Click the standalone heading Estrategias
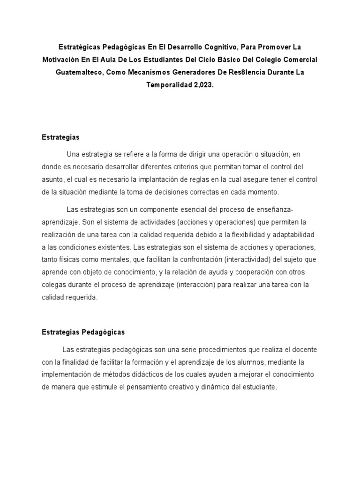[x=60, y=137]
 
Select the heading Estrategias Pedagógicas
[x=83, y=332]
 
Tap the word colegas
[x=54, y=285]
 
